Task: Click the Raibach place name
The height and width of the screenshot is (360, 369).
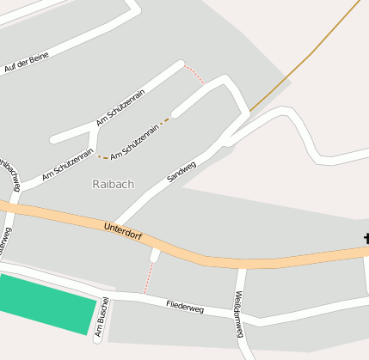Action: (x=113, y=184)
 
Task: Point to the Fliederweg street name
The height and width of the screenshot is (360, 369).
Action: (x=185, y=305)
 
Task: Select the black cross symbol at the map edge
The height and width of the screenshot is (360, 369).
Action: (x=366, y=238)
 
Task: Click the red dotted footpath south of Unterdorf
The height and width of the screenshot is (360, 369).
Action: (x=148, y=277)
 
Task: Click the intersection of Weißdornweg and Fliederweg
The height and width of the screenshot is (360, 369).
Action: (x=239, y=317)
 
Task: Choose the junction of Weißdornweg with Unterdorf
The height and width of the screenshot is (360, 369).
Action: (x=243, y=265)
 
